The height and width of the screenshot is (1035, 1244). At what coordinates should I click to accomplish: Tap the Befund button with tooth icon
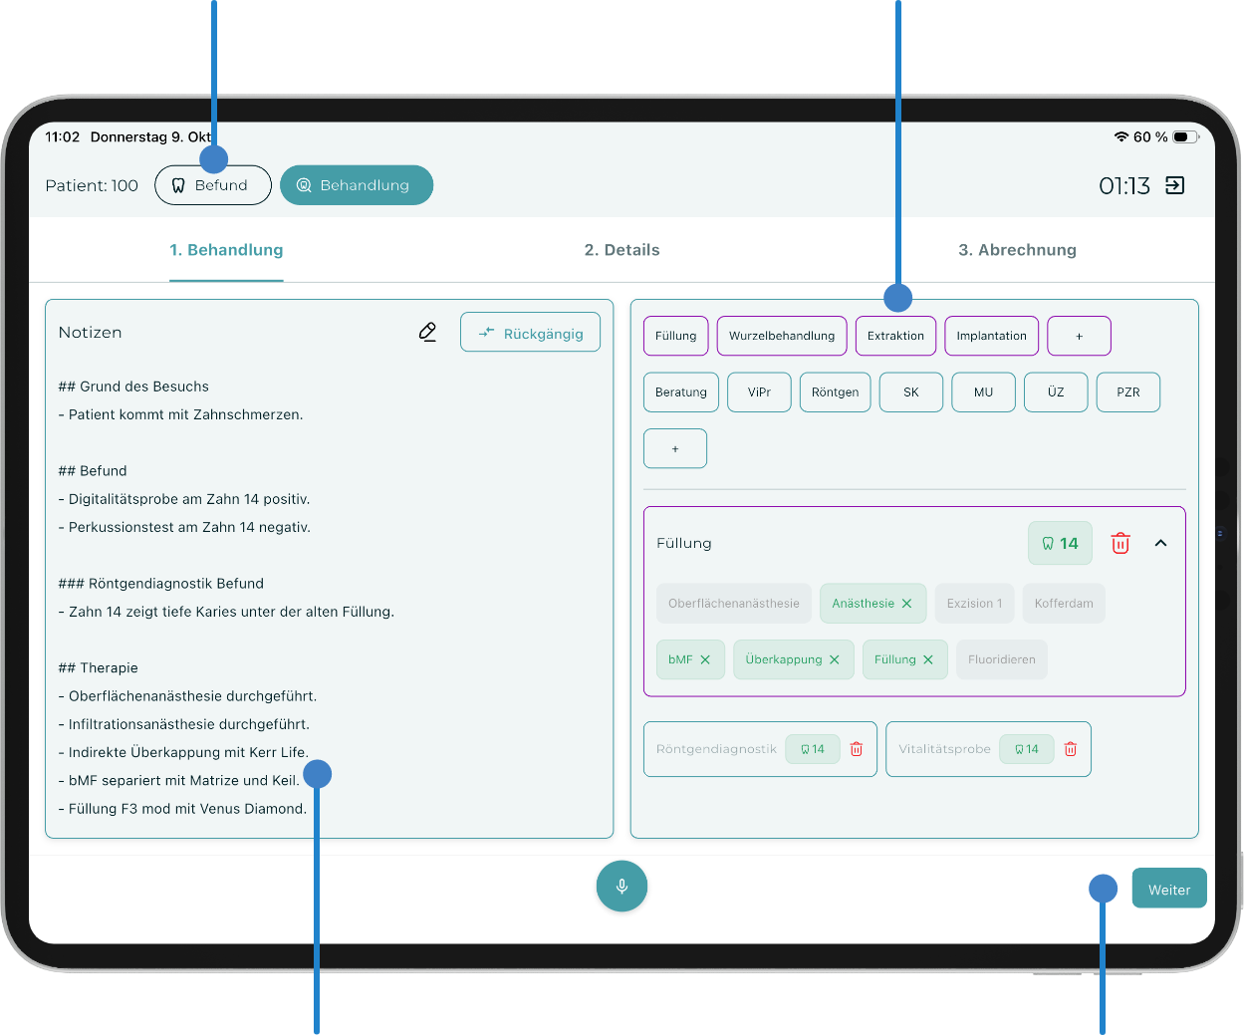(x=213, y=185)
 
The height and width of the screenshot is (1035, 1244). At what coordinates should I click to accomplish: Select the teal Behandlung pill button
(x=357, y=185)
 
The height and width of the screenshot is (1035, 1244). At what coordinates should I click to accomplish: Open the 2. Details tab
(x=622, y=250)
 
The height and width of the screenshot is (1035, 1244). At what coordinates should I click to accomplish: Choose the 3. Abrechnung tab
(x=1016, y=250)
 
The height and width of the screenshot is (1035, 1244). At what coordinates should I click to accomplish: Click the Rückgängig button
(x=530, y=333)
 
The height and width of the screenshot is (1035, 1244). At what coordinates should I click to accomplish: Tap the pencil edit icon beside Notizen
(x=427, y=332)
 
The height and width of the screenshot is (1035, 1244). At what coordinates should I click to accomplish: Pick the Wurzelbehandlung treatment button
(x=781, y=336)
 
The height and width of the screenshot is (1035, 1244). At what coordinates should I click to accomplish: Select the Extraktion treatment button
(x=894, y=336)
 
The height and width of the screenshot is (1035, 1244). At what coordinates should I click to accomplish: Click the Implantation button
(x=991, y=336)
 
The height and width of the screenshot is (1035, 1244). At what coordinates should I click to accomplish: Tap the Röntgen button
(x=835, y=392)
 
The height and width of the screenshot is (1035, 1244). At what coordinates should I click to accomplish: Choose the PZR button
(x=1127, y=392)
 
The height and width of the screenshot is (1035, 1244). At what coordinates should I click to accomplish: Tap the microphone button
(x=622, y=886)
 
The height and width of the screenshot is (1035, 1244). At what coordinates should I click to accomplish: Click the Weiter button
(x=1168, y=889)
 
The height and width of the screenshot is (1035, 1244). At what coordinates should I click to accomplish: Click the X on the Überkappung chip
(x=834, y=659)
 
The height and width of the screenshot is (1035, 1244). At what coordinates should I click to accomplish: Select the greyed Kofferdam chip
(x=1063, y=603)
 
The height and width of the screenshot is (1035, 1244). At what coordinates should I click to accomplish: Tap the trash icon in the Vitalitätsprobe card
(x=1070, y=749)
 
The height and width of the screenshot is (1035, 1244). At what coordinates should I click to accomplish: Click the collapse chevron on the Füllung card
(x=1160, y=543)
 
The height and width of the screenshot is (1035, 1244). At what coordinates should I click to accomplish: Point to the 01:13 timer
(x=1123, y=186)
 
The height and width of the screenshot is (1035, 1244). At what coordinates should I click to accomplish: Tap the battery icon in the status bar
(x=1185, y=137)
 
